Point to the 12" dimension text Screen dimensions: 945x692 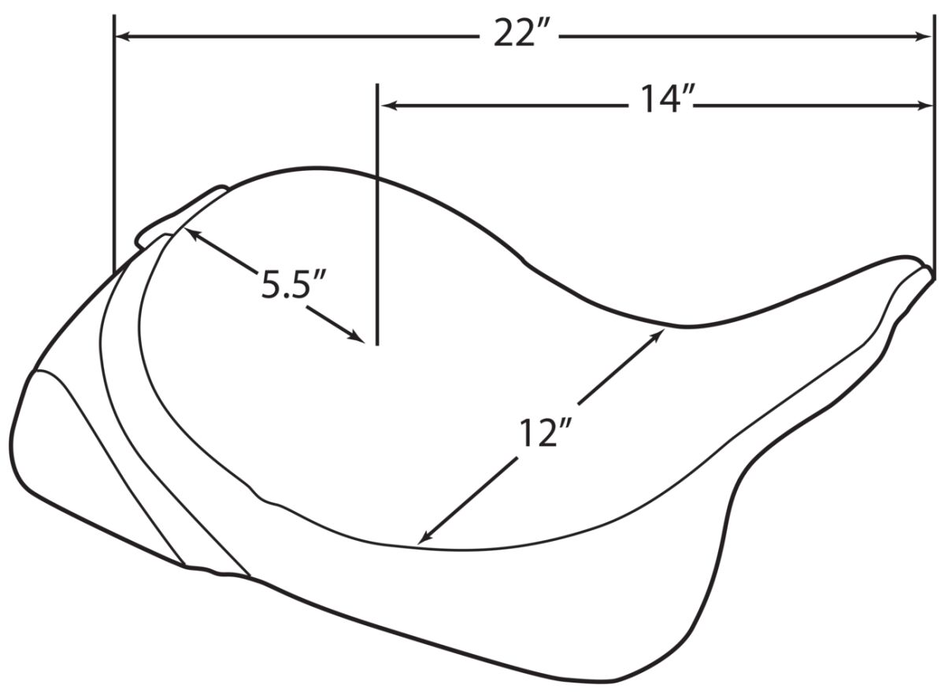pos(545,433)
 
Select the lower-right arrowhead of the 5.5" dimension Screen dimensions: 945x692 pos(358,337)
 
